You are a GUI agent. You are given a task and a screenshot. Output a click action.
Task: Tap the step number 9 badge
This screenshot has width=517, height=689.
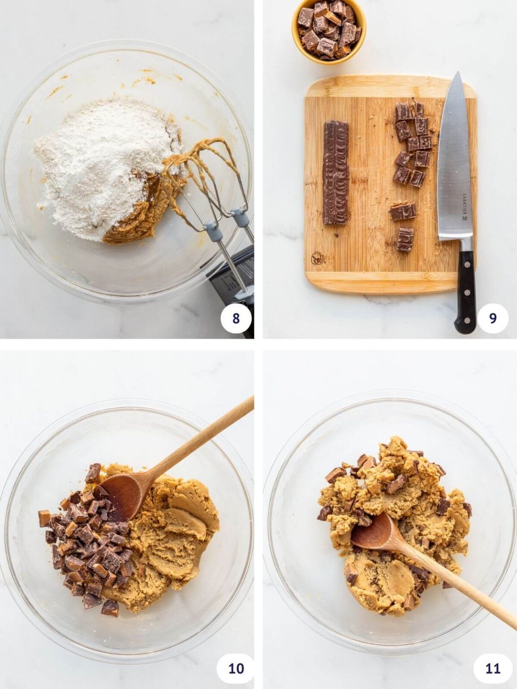492,318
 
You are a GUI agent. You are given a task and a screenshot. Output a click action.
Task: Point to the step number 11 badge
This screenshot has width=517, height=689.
492,668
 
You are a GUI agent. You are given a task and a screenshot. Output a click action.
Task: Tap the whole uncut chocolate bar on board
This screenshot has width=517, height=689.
336,172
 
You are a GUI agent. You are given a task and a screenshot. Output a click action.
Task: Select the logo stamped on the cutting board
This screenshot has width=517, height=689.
316,258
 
